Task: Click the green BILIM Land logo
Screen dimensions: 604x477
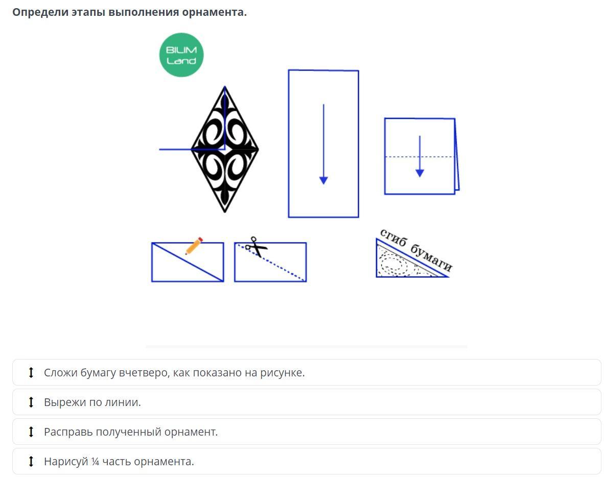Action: click(181, 55)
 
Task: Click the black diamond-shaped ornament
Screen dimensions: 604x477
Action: click(225, 149)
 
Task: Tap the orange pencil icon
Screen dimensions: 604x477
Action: click(194, 246)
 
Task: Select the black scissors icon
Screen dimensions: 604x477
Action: click(256, 247)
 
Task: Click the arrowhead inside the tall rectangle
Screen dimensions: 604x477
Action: click(323, 180)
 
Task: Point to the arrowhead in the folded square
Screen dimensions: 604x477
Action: click(420, 173)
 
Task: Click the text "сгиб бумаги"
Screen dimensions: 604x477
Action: click(416, 250)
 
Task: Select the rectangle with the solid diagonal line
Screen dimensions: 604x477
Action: click(188, 262)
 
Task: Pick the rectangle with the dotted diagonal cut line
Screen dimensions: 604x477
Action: click(270, 262)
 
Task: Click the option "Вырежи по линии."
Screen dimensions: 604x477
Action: click(92, 402)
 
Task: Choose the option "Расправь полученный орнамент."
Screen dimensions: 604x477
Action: click(131, 432)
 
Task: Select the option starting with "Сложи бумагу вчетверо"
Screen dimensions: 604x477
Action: click(174, 373)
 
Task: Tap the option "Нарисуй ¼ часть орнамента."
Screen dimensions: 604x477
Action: click(119, 461)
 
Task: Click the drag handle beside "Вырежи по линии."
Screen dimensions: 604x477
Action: click(31, 402)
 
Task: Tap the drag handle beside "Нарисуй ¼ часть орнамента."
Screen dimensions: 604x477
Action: click(31, 461)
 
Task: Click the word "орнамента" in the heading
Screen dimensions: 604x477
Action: click(214, 12)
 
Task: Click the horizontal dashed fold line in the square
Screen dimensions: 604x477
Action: click(420, 157)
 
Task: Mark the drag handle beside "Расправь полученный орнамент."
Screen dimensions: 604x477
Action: click(31, 432)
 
